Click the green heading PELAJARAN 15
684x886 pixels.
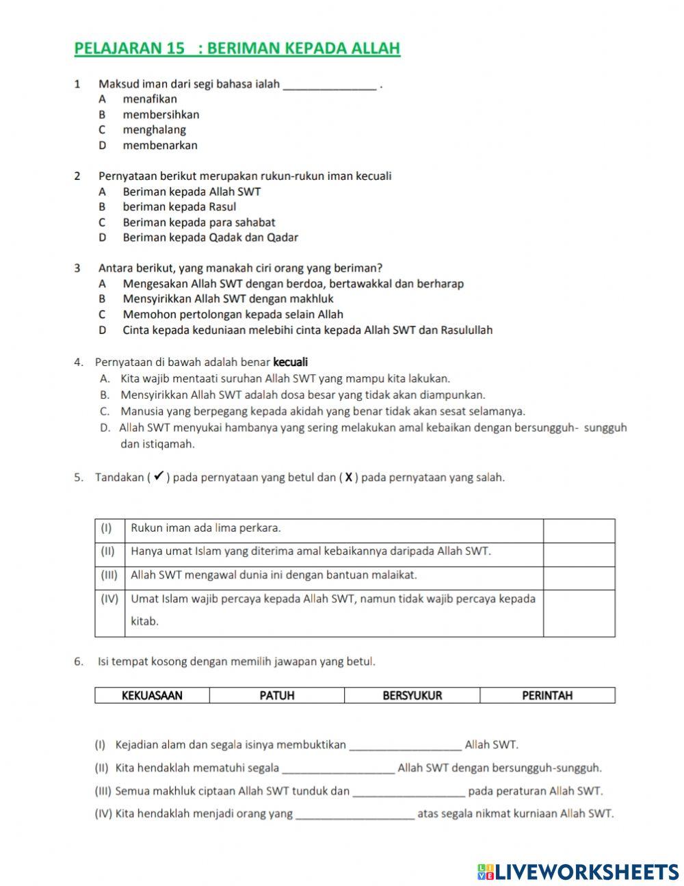[236, 49]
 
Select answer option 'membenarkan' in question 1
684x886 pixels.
[159, 145]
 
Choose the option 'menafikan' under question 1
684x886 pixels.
[149, 99]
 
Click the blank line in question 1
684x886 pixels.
[329, 85]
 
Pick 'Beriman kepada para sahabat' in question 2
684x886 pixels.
[198, 222]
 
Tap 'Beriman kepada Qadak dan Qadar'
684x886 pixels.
[210, 237]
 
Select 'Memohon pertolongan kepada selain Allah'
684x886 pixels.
[233, 315]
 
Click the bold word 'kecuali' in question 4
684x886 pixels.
[290, 362]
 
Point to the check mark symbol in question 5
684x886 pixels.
[157, 477]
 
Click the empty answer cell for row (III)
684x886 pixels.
[579, 576]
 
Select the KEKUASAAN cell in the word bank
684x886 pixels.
[152, 696]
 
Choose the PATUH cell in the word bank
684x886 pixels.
[277, 696]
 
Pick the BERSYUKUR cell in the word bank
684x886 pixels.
[412, 696]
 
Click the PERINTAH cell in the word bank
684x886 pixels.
[547, 696]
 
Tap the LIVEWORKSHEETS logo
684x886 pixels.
[578, 871]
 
